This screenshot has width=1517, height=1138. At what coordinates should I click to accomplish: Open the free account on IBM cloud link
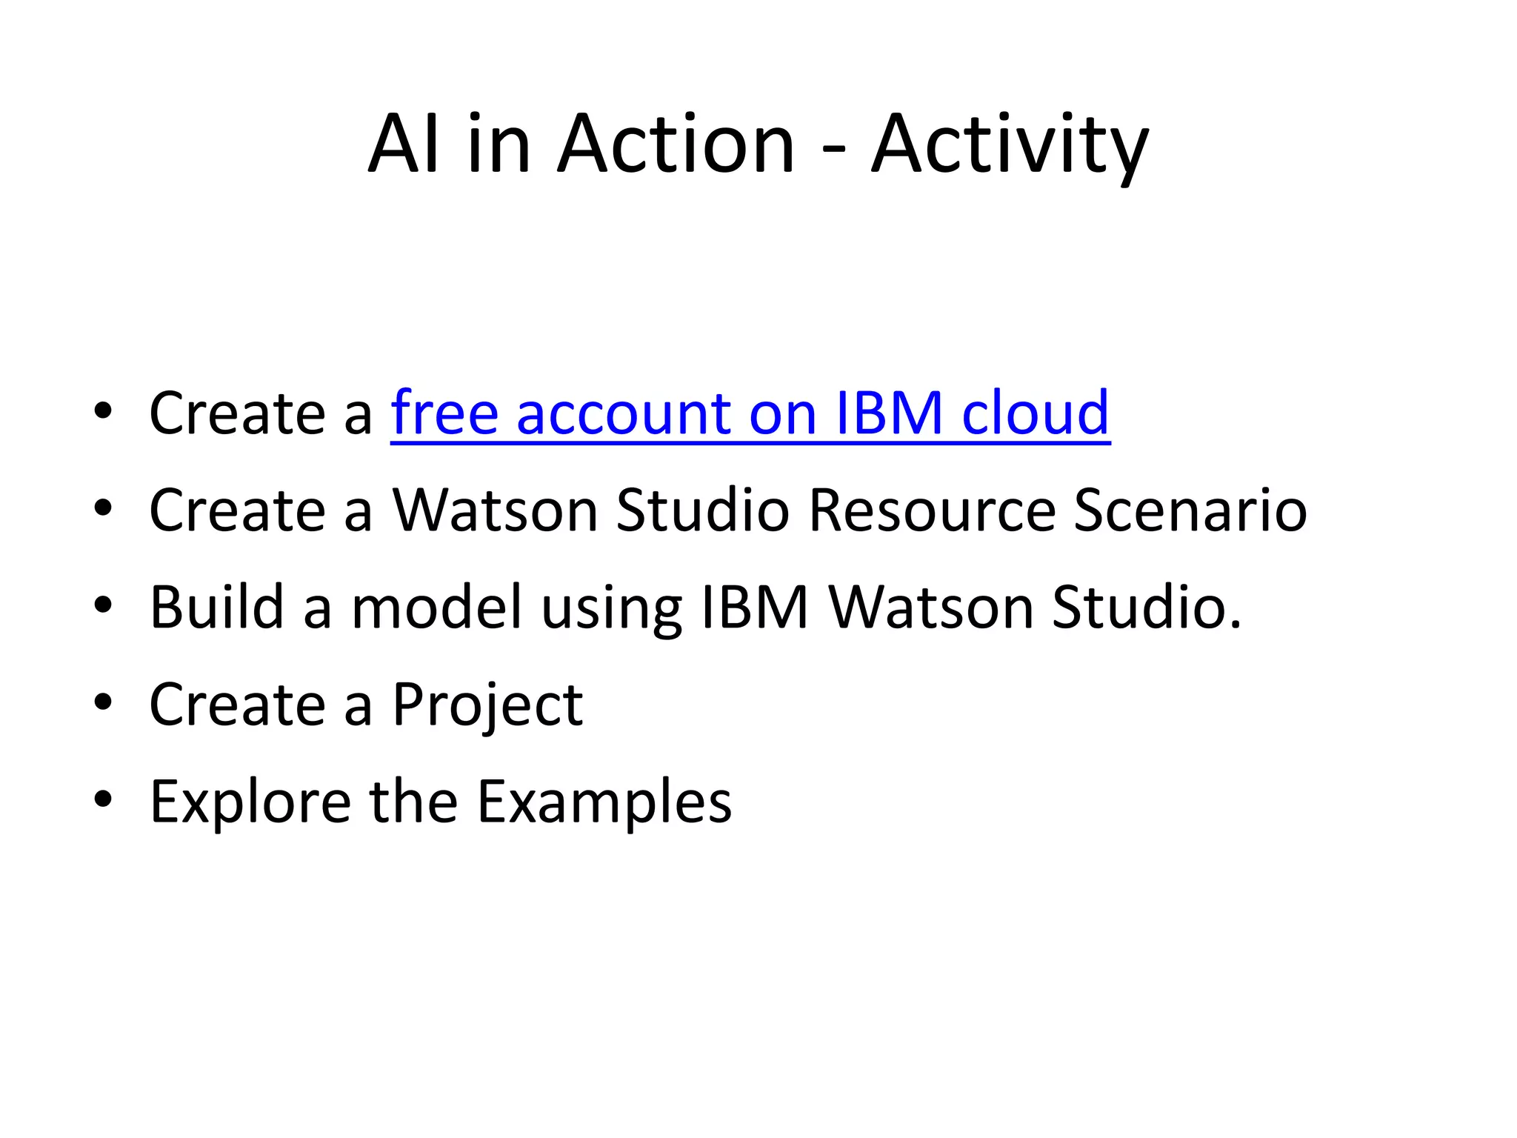coord(750,413)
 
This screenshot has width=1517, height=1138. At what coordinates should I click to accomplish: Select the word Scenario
coord(1190,510)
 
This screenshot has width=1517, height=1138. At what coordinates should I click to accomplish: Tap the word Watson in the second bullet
coord(495,510)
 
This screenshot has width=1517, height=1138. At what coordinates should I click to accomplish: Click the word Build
coord(216,608)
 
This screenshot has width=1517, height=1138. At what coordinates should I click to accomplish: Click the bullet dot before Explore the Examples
coord(103,799)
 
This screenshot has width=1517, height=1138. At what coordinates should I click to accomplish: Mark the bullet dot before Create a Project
coord(103,702)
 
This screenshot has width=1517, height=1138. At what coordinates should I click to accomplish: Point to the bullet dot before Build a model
coord(103,605)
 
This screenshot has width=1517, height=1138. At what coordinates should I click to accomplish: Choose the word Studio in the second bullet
coord(702,510)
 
